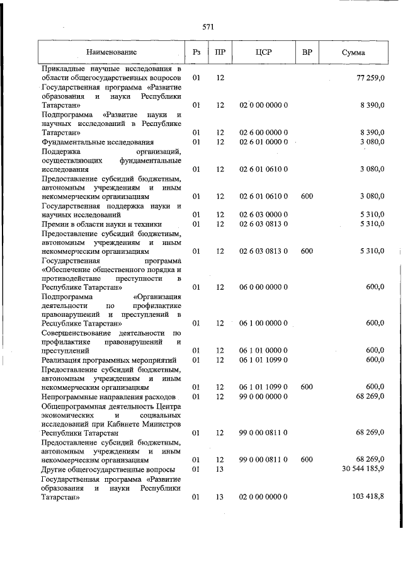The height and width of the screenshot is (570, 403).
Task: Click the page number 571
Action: (208, 26)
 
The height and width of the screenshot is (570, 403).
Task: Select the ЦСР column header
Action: (264, 52)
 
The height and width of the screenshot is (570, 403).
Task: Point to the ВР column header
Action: (307, 52)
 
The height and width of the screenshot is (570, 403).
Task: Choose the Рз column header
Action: (196, 52)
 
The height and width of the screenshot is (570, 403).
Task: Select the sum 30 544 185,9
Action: (360, 470)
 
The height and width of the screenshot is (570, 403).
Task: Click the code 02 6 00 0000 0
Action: (264, 133)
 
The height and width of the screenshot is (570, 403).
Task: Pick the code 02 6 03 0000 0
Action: (264, 215)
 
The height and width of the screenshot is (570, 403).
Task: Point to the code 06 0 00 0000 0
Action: (264, 287)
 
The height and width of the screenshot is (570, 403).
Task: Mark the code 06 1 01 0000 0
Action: (264, 350)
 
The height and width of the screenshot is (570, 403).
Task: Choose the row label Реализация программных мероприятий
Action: (108, 360)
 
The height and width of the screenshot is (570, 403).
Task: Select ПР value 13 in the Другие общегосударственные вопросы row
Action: (220, 470)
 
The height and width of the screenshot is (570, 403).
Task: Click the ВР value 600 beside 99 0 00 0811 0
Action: (307, 460)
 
